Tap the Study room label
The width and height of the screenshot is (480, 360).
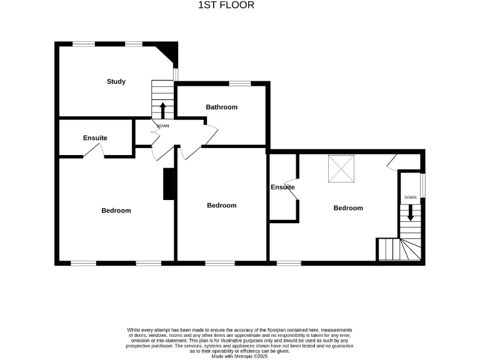(x=116, y=82)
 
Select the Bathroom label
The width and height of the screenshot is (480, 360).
(x=222, y=107)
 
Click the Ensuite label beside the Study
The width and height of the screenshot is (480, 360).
(x=95, y=138)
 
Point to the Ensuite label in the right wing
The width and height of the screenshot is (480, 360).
(x=282, y=187)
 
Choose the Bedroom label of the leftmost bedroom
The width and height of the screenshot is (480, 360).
(x=116, y=211)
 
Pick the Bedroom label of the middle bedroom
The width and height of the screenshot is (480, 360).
(x=222, y=206)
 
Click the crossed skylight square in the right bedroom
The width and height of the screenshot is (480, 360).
(x=341, y=169)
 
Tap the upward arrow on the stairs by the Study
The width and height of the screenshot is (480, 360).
(x=162, y=110)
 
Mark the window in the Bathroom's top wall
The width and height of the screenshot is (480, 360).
(x=239, y=83)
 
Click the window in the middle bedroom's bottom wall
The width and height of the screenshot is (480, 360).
(x=219, y=263)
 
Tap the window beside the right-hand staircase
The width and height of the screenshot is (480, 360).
(x=423, y=184)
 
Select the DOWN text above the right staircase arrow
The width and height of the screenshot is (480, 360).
(x=410, y=197)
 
